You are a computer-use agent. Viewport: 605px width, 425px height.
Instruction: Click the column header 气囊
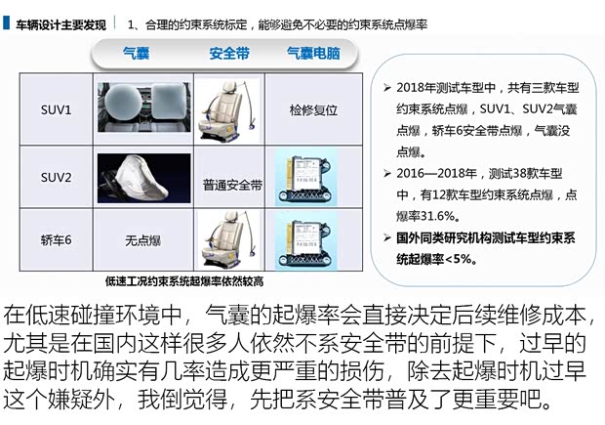(136, 53)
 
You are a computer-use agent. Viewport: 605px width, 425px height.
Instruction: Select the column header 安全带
(229, 54)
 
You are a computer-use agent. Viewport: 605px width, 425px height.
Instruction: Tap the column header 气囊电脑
(313, 53)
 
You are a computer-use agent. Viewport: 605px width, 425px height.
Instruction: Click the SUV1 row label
(56, 110)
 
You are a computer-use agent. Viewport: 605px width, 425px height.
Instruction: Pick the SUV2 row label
(56, 178)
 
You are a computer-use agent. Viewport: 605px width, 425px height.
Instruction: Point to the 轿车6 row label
(56, 240)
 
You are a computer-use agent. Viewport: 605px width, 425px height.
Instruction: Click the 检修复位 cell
(313, 110)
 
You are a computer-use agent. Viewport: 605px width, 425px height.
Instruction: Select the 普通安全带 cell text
(232, 186)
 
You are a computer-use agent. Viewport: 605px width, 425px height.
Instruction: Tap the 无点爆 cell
(142, 240)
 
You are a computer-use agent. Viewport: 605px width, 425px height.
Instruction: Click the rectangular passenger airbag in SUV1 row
(169, 101)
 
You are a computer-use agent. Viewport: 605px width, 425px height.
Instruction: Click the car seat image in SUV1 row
(226, 110)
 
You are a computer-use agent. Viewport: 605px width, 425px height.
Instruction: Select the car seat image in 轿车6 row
(226, 239)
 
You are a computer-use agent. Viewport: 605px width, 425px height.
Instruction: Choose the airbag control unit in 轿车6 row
(305, 242)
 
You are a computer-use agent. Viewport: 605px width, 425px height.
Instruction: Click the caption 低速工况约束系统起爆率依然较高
(184, 281)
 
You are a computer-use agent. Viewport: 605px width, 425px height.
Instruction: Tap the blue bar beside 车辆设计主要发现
(6, 22)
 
